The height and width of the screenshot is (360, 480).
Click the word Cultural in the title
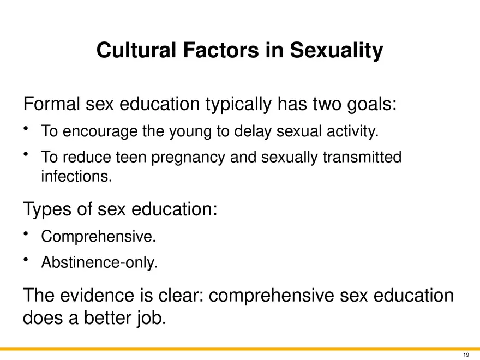(x=136, y=50)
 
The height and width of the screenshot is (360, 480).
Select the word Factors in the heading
(x=221, y=50)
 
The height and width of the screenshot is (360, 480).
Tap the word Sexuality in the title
(x=337, y=51)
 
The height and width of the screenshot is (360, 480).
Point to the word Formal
(x=51, y=104)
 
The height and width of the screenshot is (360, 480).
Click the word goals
(x=371, y=104)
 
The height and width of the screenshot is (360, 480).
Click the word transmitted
(x=362, y=157)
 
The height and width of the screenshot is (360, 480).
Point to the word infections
(x=76, y=176)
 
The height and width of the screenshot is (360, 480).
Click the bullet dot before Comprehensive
(x=26, y=234)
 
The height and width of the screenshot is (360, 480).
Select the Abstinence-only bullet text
(x=99, y=262)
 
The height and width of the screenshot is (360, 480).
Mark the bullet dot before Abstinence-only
(x=26, y=260)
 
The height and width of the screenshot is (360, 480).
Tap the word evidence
(x=97, y=295)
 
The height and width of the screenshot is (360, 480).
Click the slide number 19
(x=466, y=355)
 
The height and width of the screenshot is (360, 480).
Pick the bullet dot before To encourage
(x=26, y=129)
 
